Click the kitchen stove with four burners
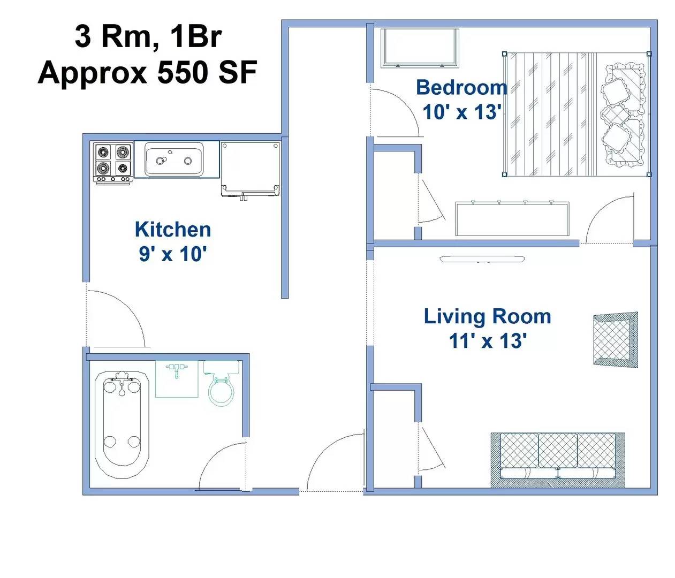click(113, 162)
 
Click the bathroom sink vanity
click(177, 378)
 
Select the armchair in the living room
click(616, 339)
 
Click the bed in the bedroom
click(576, 114)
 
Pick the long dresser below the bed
click(512, 218)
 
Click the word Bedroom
click(461, 88)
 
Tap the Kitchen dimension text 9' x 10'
click(173, 254)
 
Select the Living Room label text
click(487, 316)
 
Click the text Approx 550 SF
click(147, 72)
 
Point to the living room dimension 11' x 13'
click(487, 341)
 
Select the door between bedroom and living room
click(609, 220)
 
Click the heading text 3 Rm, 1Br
click(148, 36)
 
